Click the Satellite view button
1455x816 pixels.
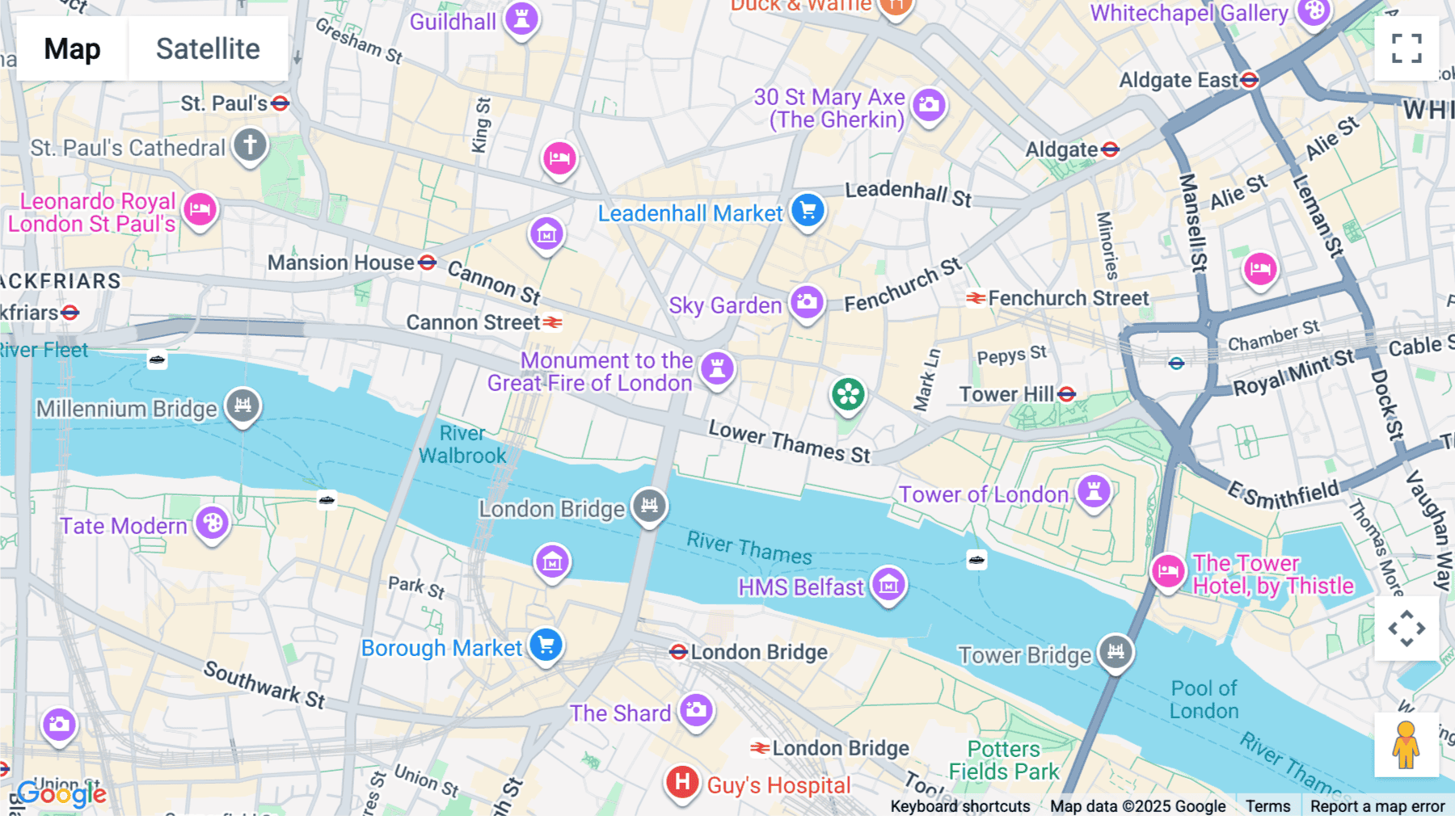(x=208, y=48)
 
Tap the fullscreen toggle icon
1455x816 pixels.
(x=1406, y=48)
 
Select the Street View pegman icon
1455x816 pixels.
(x=1406, y=744)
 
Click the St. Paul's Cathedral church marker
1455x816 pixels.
(x=251, y=146)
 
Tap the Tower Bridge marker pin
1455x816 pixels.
(x=1115, y=651)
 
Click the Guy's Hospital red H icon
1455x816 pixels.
(x=682, y=782)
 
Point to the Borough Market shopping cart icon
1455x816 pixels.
(x=546, y=646)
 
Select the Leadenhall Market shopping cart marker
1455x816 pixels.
(x=808, y=211)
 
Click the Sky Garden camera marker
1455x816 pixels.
(x=807, y=303)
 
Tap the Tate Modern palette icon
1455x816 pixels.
(x=213, y=524)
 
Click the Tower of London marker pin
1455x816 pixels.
(x=1094, y=490)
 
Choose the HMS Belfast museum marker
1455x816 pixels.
(x=888, y=584)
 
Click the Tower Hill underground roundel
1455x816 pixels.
(x=1067, y=394)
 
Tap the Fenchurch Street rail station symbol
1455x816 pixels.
(x=976, y=298)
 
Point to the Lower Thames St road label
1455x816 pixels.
(x=789, y=442)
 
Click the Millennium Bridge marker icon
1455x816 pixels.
(x=242, y=405)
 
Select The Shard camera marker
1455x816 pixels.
(x=696, y=711)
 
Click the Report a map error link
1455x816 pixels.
(x=1377, y=805)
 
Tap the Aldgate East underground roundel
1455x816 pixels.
(x=1250, y=80)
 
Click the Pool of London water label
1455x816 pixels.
(x=1204, y=700)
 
